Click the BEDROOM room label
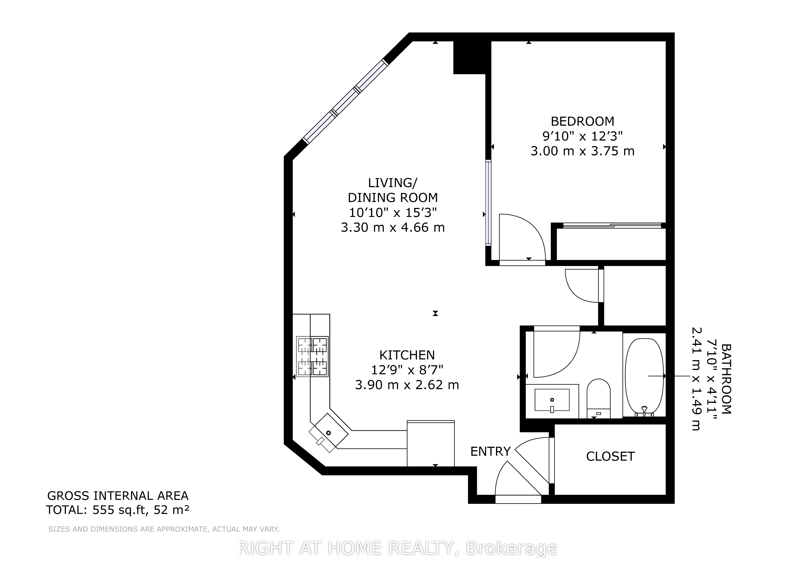click(582, 121)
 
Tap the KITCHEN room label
click(407, 355)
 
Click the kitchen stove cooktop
click(312, 356)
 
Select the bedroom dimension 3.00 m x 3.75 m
click(582, 151)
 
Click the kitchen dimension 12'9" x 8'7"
click(407, 370)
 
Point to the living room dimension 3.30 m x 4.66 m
click(393, 227)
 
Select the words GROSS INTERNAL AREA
click(118, 496)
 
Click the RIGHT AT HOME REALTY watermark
click(398, 548)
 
